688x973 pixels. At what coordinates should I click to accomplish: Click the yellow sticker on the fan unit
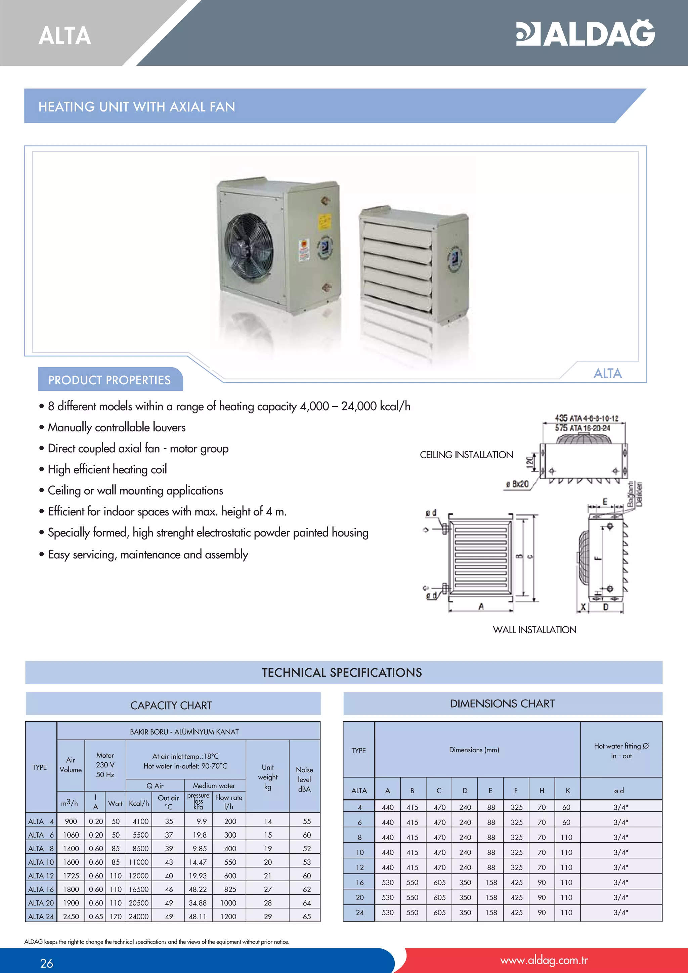(325, 221)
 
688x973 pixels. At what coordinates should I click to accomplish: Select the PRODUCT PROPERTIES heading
(109, 380)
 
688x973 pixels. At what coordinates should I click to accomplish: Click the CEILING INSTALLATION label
(466, 455)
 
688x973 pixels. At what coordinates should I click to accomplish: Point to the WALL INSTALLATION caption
(534, 630)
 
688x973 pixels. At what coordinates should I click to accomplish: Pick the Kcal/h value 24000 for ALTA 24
(138, 916)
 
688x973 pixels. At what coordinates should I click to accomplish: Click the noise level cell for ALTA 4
(307, 821)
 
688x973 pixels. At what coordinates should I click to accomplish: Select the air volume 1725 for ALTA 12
(71, 876)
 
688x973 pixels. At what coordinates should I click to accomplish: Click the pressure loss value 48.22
(198, 889)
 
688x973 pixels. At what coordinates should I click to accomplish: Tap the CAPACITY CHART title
(171, 705)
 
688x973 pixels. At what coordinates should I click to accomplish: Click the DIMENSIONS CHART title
(502, 704)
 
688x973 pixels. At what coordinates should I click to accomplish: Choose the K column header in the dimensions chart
(568, 790)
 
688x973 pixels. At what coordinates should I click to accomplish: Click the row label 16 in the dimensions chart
(360, 882)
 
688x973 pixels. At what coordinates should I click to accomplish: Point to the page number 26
(47, 963)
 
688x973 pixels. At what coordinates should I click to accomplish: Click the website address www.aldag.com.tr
(544, 960)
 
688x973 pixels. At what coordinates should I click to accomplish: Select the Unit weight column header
(268, 777)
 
